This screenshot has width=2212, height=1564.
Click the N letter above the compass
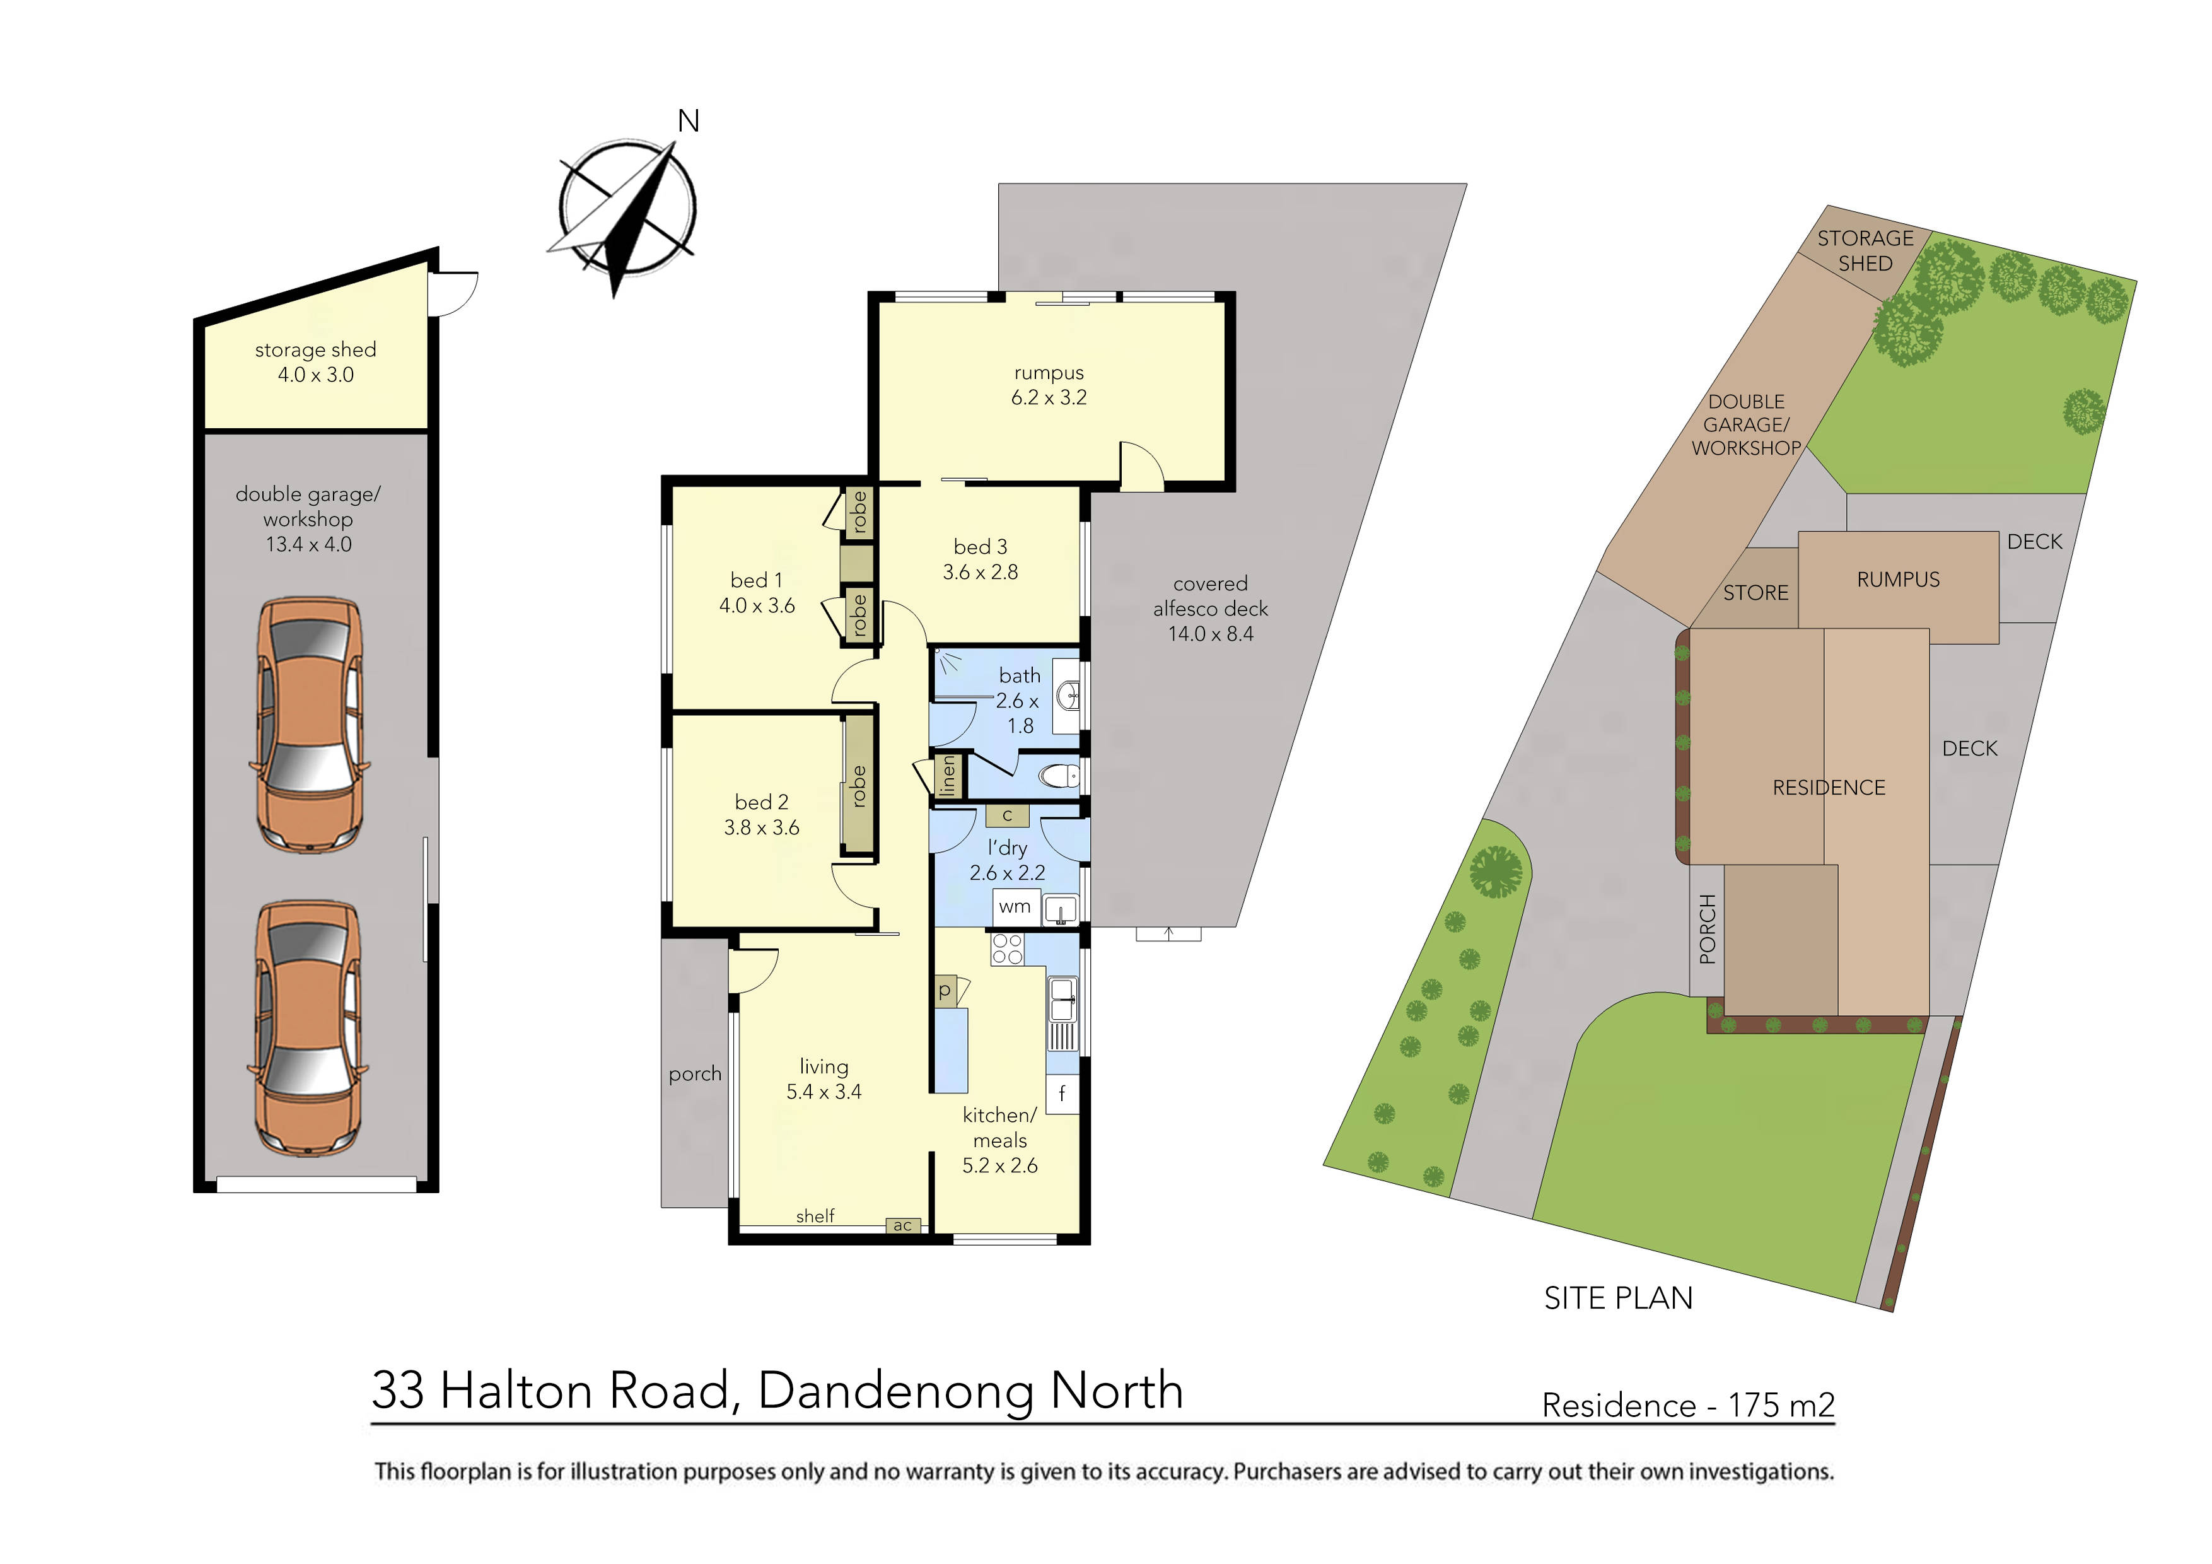(x=688, y=122)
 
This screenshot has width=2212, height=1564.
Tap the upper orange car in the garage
(x=309, y=725)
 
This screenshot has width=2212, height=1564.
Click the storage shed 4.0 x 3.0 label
(x=315, y=363)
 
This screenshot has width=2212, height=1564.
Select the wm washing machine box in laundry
(x=1015, y=907)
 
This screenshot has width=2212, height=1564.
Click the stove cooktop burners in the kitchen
(x=1008, y=949)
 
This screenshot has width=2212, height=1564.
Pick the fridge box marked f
(x=1062, y=1094)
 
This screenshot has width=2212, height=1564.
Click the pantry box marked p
(x=945, y=991)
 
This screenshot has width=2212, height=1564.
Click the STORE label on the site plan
(x=1755, y=593)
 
